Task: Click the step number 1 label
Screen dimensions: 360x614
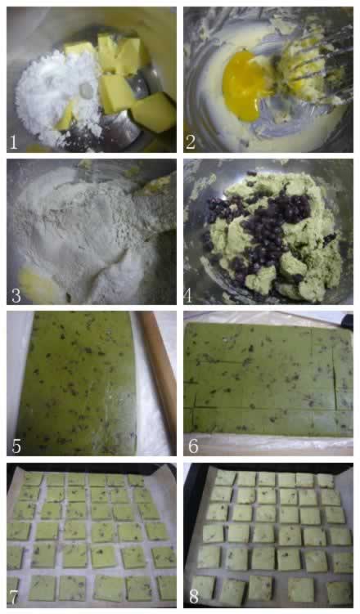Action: click(13, 142)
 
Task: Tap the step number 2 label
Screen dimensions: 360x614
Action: click(191, 142)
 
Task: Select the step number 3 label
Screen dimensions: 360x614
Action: click(16, 295)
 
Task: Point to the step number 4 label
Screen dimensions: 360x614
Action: click(189, 295)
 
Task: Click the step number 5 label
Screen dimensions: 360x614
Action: click(16, 446)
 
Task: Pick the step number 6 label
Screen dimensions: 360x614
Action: click(193, 446)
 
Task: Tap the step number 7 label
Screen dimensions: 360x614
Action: click(13, 597)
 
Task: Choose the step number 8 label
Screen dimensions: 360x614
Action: click(194, 597)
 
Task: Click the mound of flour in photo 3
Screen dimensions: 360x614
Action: click(86, 227)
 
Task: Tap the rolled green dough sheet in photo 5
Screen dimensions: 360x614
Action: click(76, 383)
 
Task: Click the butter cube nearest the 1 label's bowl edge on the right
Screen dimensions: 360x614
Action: click(154, 113)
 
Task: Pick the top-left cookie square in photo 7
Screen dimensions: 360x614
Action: click(33, 479)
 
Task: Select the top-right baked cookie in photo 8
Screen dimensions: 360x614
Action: click(326, 481)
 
